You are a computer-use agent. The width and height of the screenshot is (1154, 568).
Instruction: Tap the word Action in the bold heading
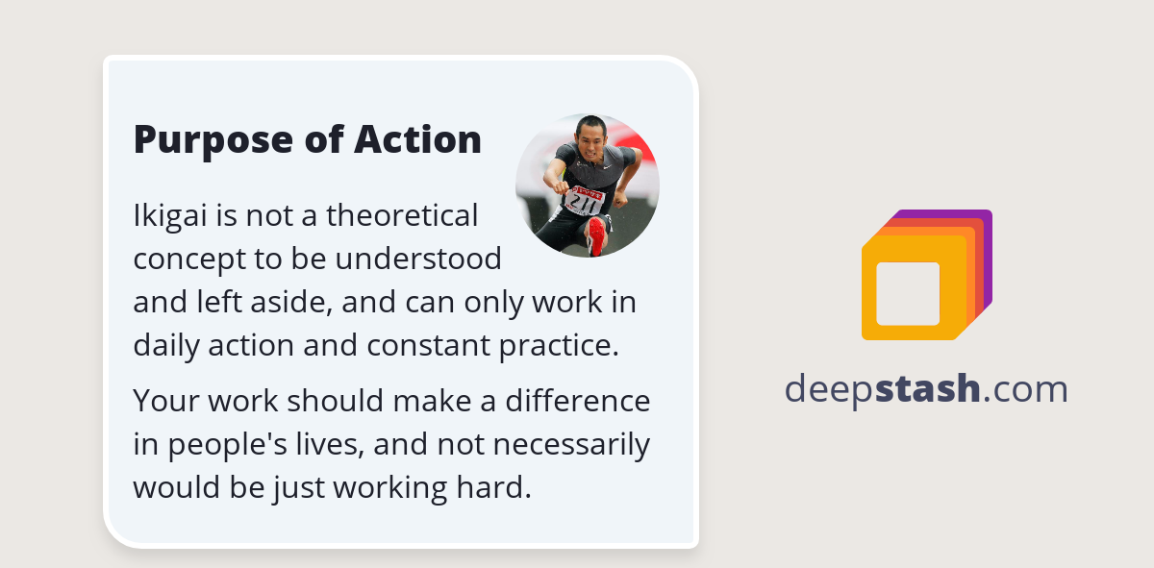pyautogui.click(x=417, y=140)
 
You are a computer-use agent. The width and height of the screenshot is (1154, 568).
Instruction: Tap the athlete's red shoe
pyautogui.click(x=597, y=235)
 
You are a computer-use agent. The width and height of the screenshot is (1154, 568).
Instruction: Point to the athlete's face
pyautogui.click(x=588, y=137)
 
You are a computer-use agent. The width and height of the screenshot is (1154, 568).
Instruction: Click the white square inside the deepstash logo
pyautogui.click(x=908, y=293)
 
